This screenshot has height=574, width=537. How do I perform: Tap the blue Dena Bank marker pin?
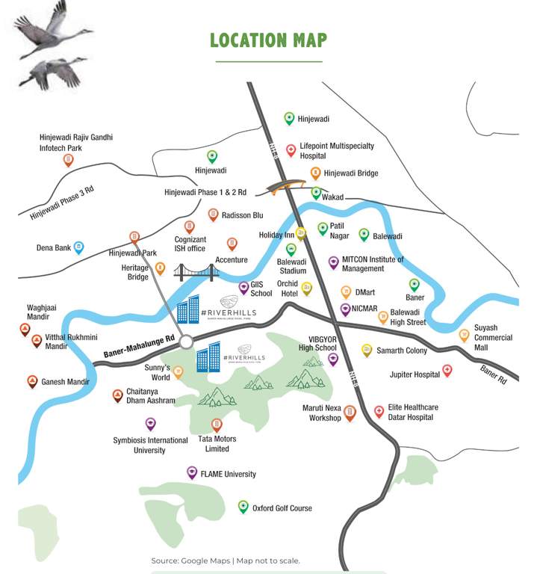tap(78, 247)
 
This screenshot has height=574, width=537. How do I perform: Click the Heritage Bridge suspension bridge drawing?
tap(196, 272)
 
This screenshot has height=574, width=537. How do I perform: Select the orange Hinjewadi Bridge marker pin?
tap(315, 173)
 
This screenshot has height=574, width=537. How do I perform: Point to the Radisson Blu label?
tap(243, 215)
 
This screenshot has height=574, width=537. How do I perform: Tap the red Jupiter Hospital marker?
tap(447, 370)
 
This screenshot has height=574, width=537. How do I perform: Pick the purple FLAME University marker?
tap(192, 472)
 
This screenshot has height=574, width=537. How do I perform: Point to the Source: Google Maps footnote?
tap(225, 561)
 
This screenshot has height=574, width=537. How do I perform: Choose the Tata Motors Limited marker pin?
tap(217, 425)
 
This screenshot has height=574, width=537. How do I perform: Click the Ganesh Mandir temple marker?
tap(32, 381)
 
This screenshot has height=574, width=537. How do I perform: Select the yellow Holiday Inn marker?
tap(301, 233)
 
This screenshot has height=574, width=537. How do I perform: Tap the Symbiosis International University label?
tap(150, 445)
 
